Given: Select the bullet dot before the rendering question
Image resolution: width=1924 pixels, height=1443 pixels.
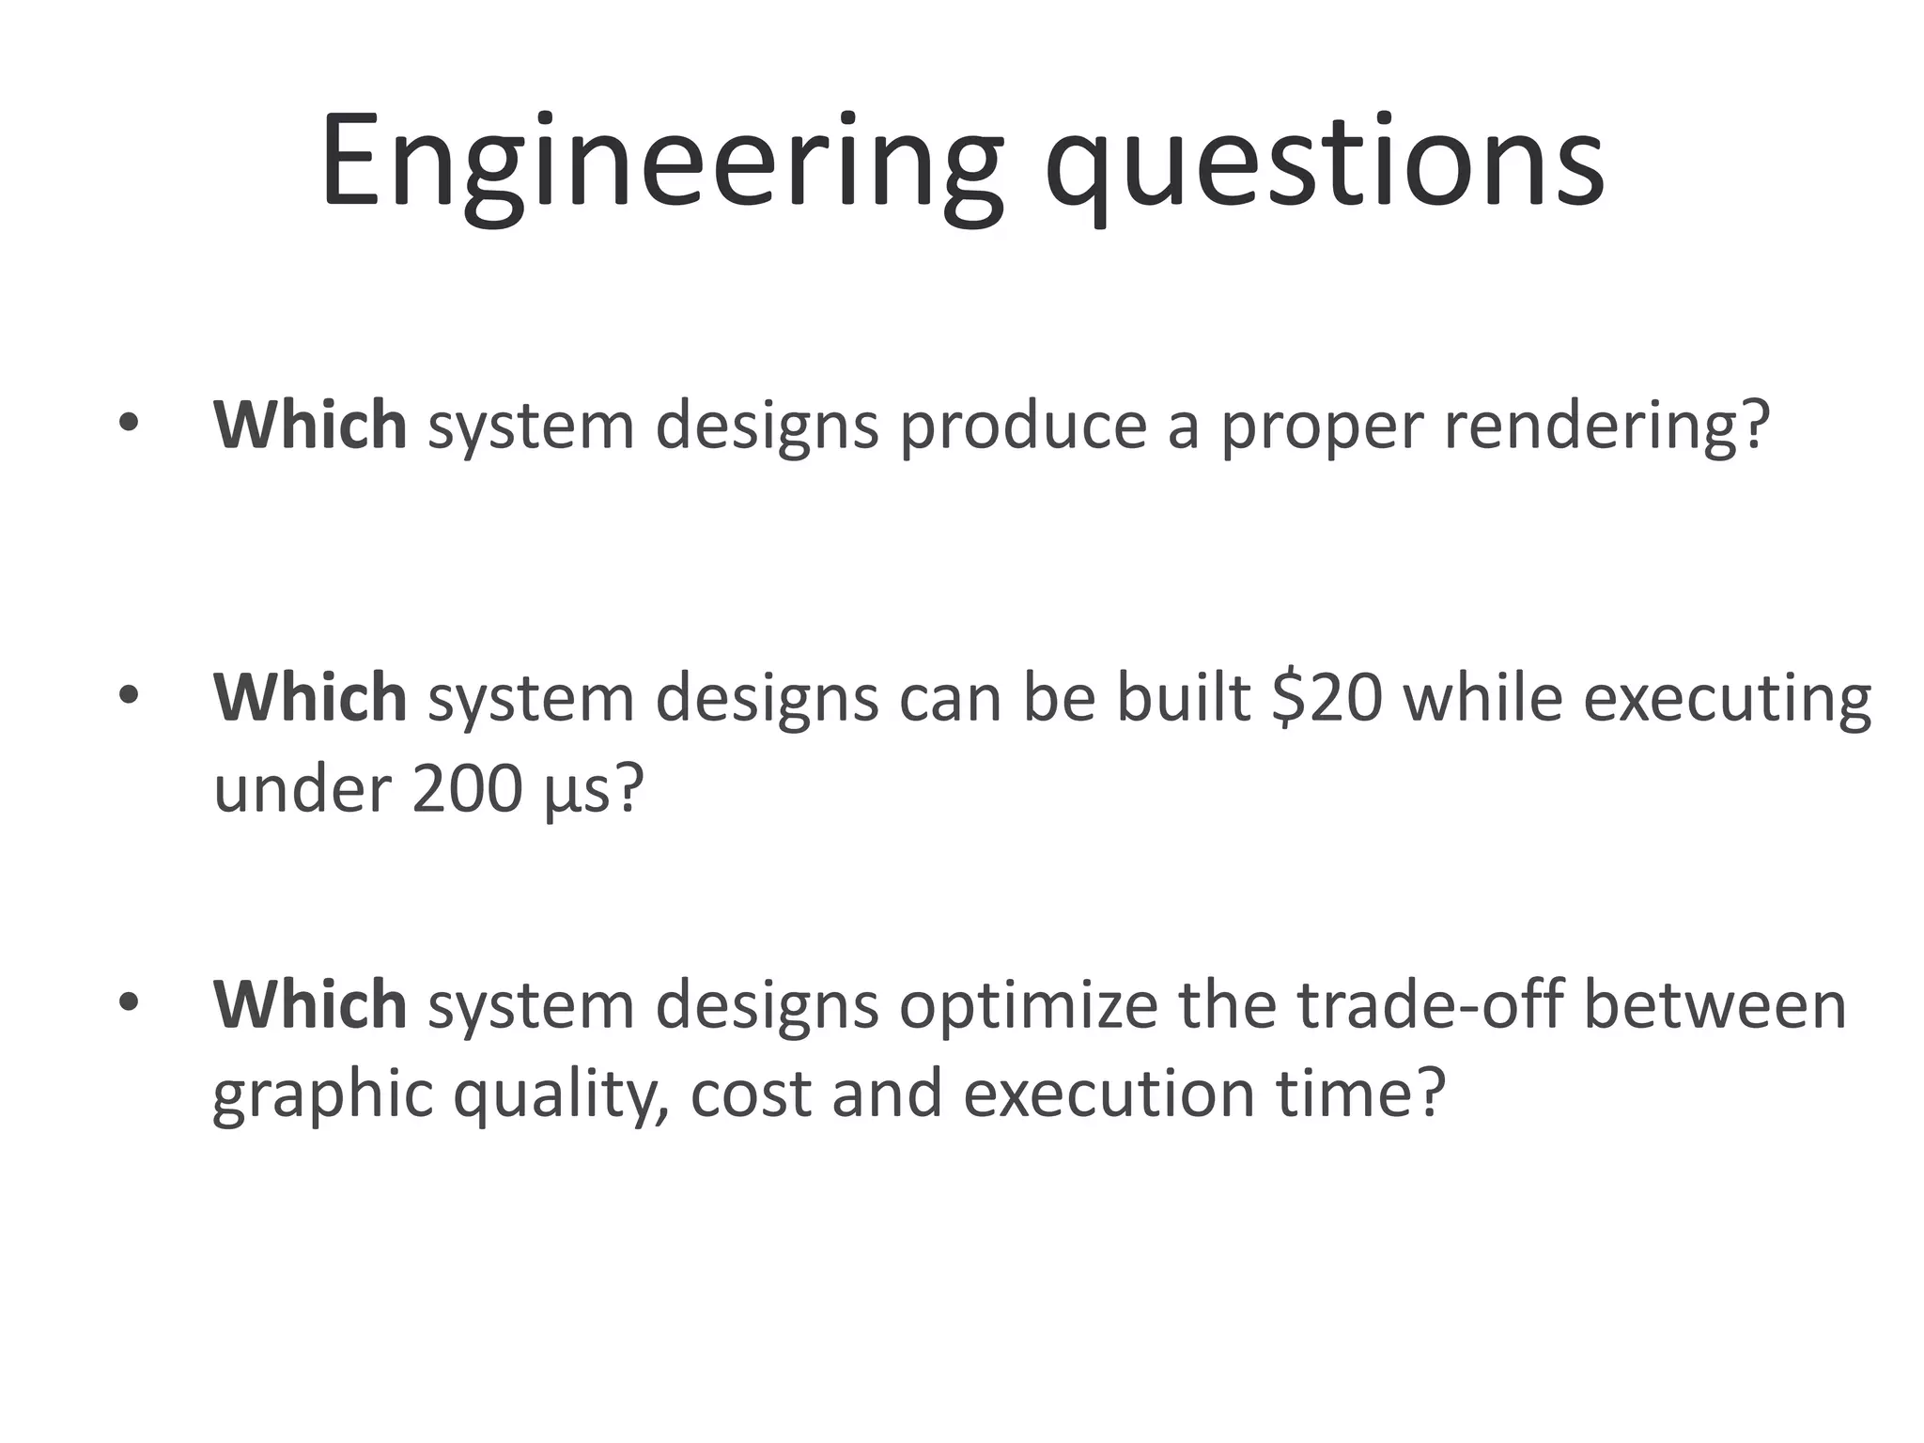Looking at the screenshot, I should (x=129, y=423).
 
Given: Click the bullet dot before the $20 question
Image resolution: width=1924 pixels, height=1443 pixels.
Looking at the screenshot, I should (x=129, y=696).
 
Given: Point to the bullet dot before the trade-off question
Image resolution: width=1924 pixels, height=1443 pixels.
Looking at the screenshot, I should (x=129, y=1002).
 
